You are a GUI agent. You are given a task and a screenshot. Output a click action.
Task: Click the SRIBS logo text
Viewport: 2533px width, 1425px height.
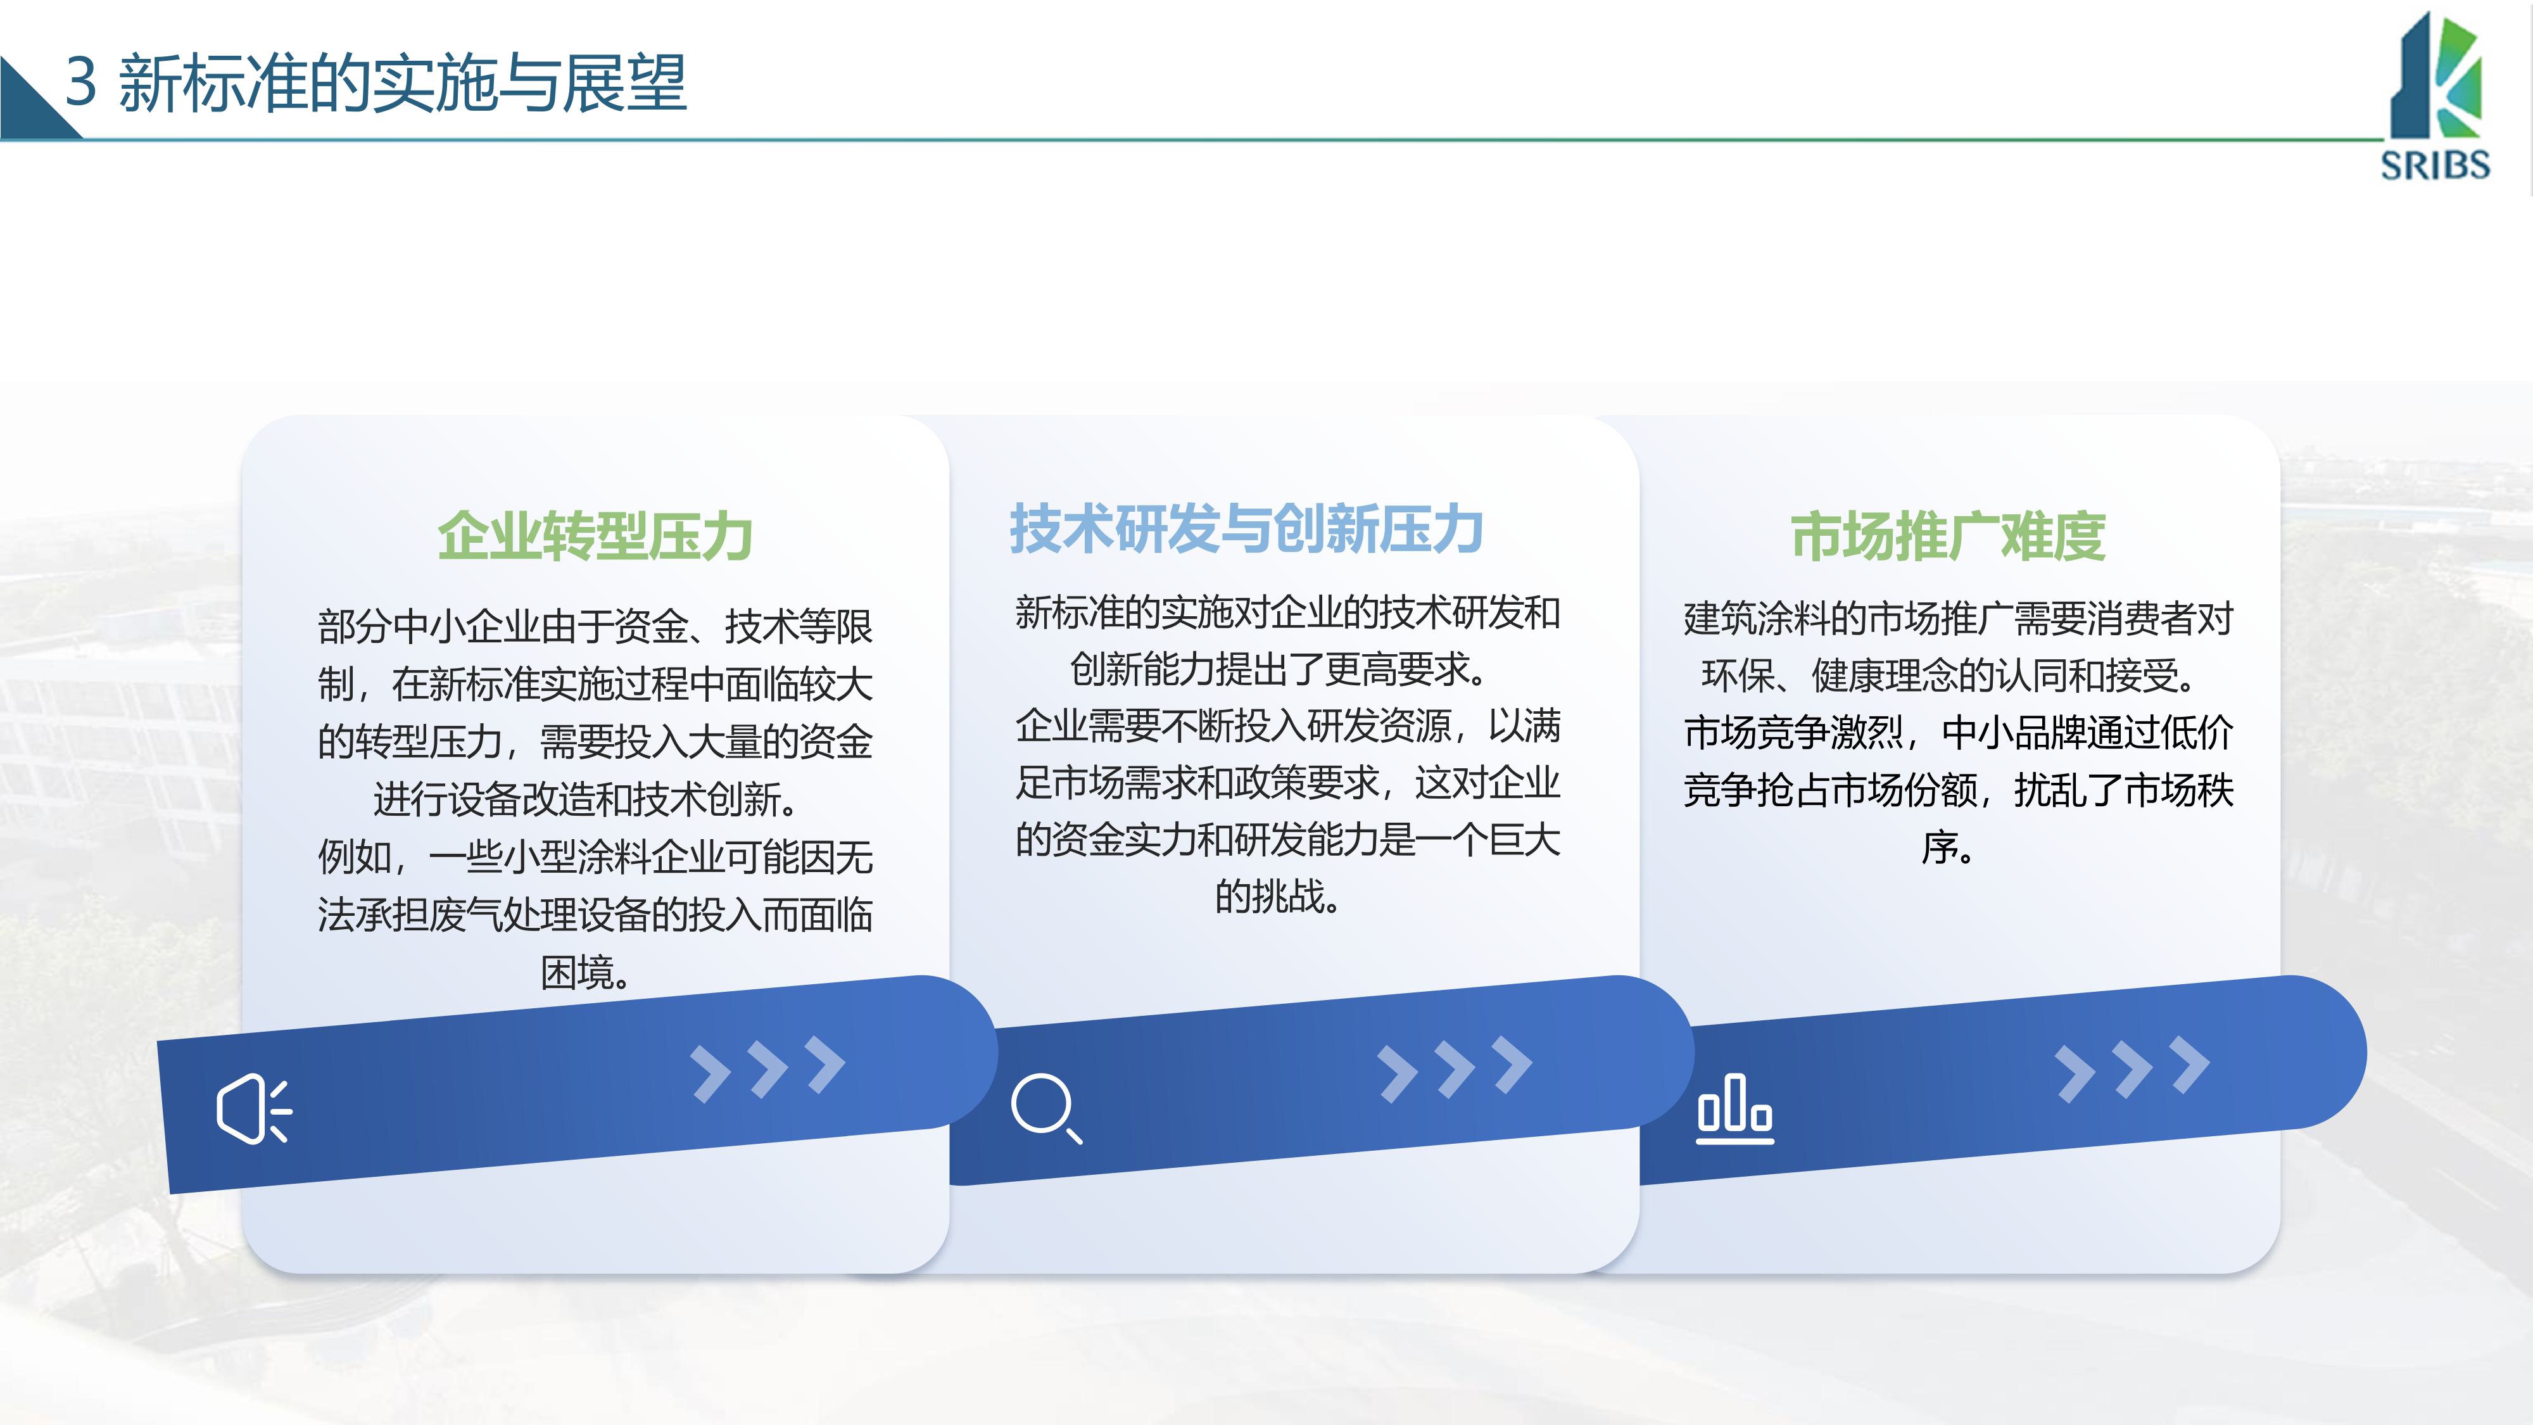(x=2435, y=164)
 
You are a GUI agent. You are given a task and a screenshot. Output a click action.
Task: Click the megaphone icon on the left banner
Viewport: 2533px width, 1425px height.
(x=254, y=1108)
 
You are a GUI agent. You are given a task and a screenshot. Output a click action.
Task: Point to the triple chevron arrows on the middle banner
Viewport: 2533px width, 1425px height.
(x=1455, y=1068)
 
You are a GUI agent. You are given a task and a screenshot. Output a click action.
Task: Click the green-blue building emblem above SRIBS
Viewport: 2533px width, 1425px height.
(x=2437, y=77)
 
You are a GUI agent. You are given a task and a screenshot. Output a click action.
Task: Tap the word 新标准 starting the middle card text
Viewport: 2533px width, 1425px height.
(x=1070, y=612)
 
